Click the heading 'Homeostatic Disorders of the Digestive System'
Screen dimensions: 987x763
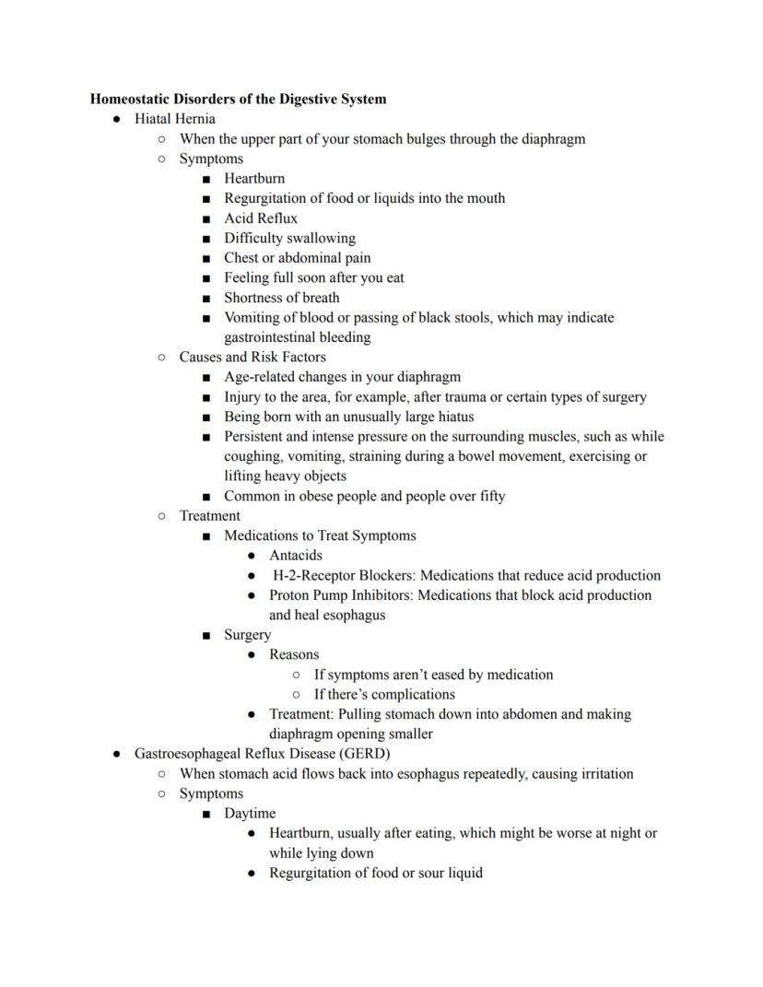238,99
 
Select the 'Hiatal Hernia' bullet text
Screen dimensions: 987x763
175,119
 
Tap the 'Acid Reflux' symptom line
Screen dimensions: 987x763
261,218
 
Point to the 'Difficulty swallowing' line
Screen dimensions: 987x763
289,238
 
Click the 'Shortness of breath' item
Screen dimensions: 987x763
281,298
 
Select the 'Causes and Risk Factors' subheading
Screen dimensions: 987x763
252,357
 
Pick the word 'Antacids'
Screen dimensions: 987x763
296,556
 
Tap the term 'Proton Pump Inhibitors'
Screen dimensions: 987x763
341,595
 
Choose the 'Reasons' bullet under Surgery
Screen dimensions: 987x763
294,654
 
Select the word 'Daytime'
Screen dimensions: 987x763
250,814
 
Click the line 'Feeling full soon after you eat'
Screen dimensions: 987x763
314,277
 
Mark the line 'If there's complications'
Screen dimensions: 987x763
384,694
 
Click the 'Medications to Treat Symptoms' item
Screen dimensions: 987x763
320,535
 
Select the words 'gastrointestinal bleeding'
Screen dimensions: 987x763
298,337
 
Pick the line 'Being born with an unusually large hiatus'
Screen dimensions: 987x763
349,417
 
